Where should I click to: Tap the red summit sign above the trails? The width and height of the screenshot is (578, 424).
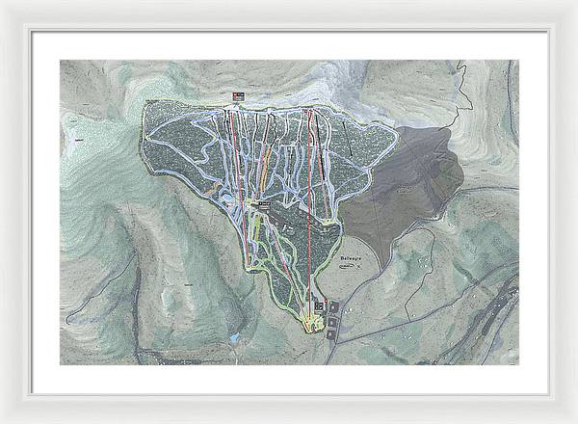[237, 94]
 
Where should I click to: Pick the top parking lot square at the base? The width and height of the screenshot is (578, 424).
[334, 305]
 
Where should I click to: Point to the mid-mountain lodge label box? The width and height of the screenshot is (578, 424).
[261, 205]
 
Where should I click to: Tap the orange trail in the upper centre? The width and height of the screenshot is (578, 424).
[262, 154]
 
